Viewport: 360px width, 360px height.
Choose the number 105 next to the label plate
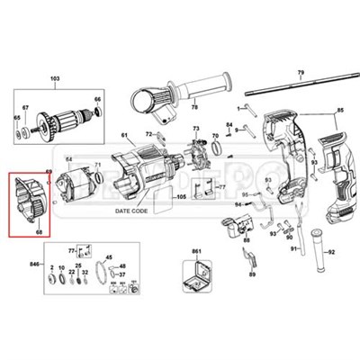point(179,195)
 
